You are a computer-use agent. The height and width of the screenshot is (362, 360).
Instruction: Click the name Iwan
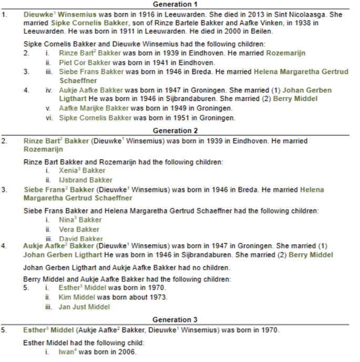pos(67,352)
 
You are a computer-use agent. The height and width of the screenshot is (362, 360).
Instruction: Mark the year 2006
pos(127,352)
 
